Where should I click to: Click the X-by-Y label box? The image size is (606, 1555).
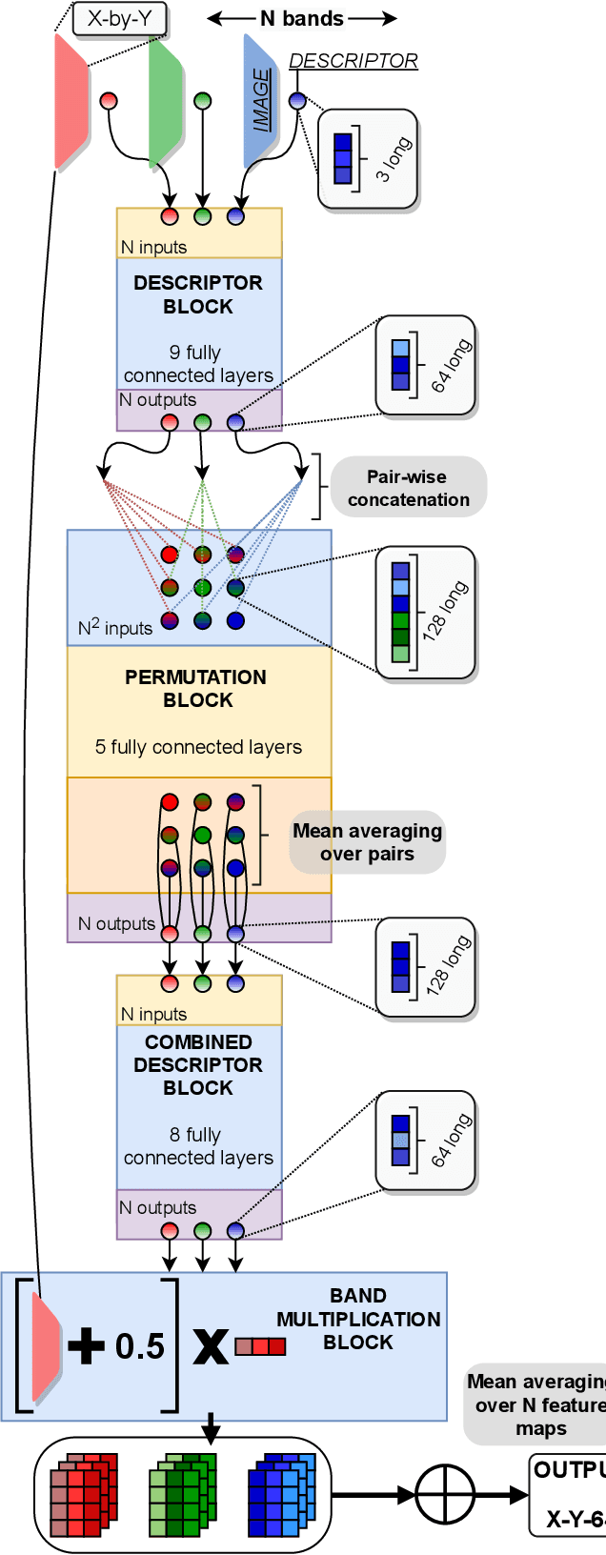[x=119, y=18]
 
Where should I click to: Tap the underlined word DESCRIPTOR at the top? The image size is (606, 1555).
[x=353, y=61]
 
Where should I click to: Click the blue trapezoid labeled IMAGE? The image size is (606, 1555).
[x=260, y=101]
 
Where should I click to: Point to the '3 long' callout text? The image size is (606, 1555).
[x=394, y=158]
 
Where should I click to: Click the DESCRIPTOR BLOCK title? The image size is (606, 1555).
[x=198, y=294]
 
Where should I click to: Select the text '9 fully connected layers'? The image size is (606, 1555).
[x=198, y=364]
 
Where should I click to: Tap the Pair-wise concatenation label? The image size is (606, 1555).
[x=408, y=488]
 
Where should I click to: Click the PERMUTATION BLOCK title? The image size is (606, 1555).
[x=196, y=689]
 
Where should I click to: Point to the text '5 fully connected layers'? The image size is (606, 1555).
[x=198, y=747]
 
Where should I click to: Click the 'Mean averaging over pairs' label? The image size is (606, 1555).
[x=367, y=842]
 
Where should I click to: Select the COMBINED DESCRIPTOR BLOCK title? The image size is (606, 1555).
[x=198, y=1064]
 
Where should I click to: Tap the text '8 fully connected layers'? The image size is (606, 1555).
[x=198, y=1146]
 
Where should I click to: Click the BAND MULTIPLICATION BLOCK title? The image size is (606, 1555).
[x=358, y=1319]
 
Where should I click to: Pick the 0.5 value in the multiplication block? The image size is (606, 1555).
[x=140, y=1346]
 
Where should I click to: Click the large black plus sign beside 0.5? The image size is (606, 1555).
[x=87, y=1346]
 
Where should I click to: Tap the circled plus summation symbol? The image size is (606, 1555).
[x=444, y=1494]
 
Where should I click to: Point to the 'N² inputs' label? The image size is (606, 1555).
[x=115, y=627]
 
